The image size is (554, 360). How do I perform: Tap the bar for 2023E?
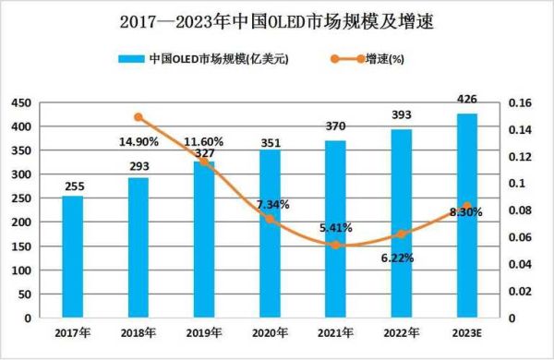click(468, 215)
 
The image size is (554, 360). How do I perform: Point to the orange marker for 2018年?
click(138, 117)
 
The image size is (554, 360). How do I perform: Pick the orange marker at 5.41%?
click(336, 245)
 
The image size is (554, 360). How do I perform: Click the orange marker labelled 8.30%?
click(468, 206)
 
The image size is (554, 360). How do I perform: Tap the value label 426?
click(468, 100)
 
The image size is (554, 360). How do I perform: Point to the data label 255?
click(72, 186)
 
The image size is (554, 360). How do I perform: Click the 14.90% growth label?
click(138, 142)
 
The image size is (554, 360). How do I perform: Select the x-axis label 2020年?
click(270, 332)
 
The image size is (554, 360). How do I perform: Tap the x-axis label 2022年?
click(402, 332)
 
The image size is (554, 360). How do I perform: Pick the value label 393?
click(403, 116)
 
